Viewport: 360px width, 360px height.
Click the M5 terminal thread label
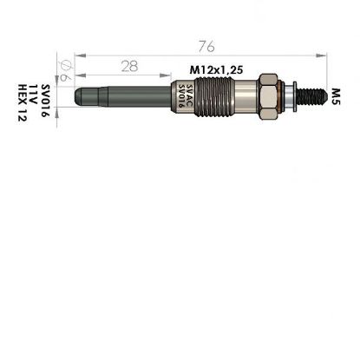coord(337,91)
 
